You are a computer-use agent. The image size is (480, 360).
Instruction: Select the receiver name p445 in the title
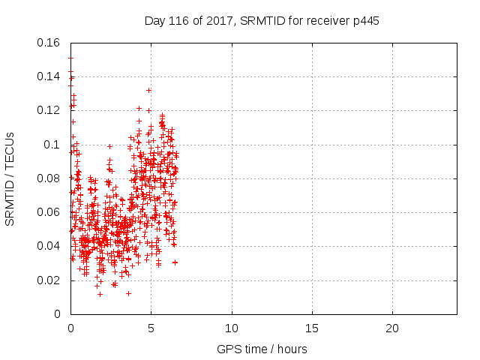364,21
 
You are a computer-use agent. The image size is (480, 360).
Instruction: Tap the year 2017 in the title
217,21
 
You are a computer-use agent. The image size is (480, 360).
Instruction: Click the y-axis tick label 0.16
50,43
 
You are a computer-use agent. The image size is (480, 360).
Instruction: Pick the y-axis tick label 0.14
50,76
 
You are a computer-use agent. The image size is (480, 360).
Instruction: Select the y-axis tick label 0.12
50,110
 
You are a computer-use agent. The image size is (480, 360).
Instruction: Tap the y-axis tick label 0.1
54,144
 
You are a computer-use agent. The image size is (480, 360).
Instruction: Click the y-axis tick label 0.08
50,178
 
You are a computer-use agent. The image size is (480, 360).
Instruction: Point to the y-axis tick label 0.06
50,212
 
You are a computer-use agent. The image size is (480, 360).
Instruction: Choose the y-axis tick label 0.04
50,246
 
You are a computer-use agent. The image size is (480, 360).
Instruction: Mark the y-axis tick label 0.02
50,280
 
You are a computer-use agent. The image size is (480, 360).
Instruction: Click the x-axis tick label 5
151,329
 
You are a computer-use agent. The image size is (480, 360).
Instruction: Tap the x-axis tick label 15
311,329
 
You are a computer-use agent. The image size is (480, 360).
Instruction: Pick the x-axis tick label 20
391,329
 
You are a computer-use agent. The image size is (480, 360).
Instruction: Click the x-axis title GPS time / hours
262,349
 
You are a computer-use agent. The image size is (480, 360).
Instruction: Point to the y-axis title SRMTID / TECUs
10,178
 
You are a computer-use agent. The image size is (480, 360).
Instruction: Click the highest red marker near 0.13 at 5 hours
148,90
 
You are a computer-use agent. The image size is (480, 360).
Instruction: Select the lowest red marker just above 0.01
100,294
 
